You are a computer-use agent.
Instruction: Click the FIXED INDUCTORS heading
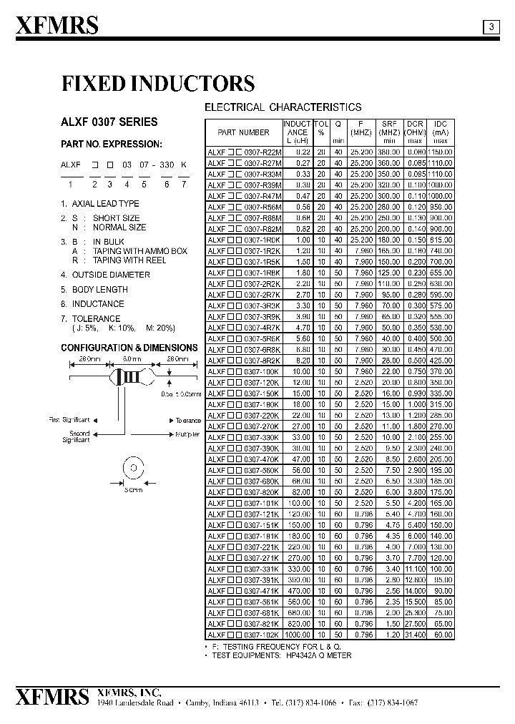point(158,84)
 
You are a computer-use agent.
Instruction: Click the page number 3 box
point(491,27)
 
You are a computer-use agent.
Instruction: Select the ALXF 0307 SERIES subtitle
point(109,122)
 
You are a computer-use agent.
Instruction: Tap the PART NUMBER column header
point(243,132)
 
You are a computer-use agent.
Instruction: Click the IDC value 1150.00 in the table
point(441,152)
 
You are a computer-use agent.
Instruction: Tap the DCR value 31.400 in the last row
point(415,635)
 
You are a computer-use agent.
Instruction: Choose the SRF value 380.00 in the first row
point(390,152)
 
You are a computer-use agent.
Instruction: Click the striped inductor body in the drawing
point(131,376)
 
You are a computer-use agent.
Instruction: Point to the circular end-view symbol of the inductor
point(131,469)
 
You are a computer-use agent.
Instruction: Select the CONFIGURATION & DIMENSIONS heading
point(129,348)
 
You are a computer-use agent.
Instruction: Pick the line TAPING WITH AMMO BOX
point(139,251)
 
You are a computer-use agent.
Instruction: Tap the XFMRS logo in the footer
point(52,697)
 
